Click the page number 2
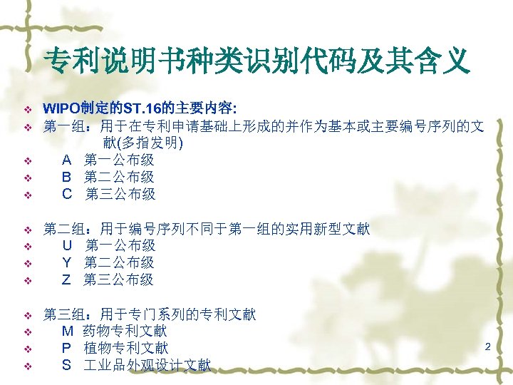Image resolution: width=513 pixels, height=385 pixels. (x=488, y=346)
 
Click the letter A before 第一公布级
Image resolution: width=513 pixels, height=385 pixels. (x=67, y=160)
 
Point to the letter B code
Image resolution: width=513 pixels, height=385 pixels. (x=67, y=178)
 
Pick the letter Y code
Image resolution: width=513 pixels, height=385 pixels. (x=67, y=263)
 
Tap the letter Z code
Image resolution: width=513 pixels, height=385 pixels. (x=66, y=280)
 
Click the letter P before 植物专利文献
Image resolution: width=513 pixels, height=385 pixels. (x=67, y=349)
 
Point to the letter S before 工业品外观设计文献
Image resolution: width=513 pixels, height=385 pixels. (x=67, y=366)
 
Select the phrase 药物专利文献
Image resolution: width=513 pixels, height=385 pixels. (x=125, y=332)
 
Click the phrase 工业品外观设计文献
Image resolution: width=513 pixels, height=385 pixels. (x=147, y=366)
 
